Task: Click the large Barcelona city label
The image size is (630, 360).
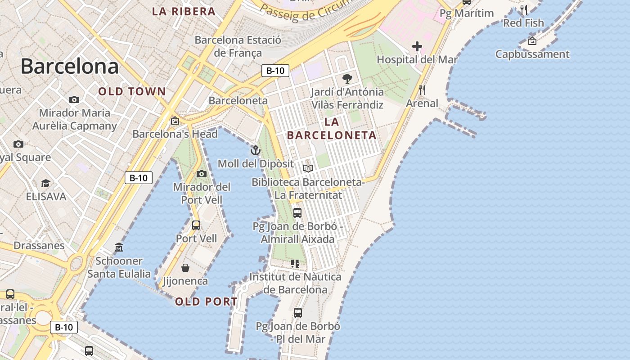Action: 70,66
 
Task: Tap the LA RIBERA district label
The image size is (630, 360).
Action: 184,12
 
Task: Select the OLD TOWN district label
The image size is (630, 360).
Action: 132,92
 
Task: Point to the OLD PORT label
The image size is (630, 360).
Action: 206,302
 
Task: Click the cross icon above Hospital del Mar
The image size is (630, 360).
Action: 417,46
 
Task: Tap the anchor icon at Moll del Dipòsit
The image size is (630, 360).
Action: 256,150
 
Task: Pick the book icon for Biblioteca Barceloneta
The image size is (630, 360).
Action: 308,169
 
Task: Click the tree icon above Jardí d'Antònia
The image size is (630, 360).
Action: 347,79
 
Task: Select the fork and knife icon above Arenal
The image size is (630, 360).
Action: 422,90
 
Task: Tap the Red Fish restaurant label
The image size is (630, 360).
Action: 523,23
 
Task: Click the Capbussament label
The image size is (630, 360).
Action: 532,54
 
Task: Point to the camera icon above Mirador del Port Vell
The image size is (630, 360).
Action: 202,174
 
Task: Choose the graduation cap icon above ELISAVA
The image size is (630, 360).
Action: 45,183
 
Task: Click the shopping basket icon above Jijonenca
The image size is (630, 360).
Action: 185,268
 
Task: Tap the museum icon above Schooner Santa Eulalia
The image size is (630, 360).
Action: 119,247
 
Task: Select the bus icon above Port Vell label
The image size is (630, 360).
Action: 196,225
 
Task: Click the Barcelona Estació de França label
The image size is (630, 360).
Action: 238,46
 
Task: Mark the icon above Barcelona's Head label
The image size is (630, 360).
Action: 175,121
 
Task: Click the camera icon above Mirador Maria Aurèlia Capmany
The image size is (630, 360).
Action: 74,99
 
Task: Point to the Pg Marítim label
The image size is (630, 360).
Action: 467,13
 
